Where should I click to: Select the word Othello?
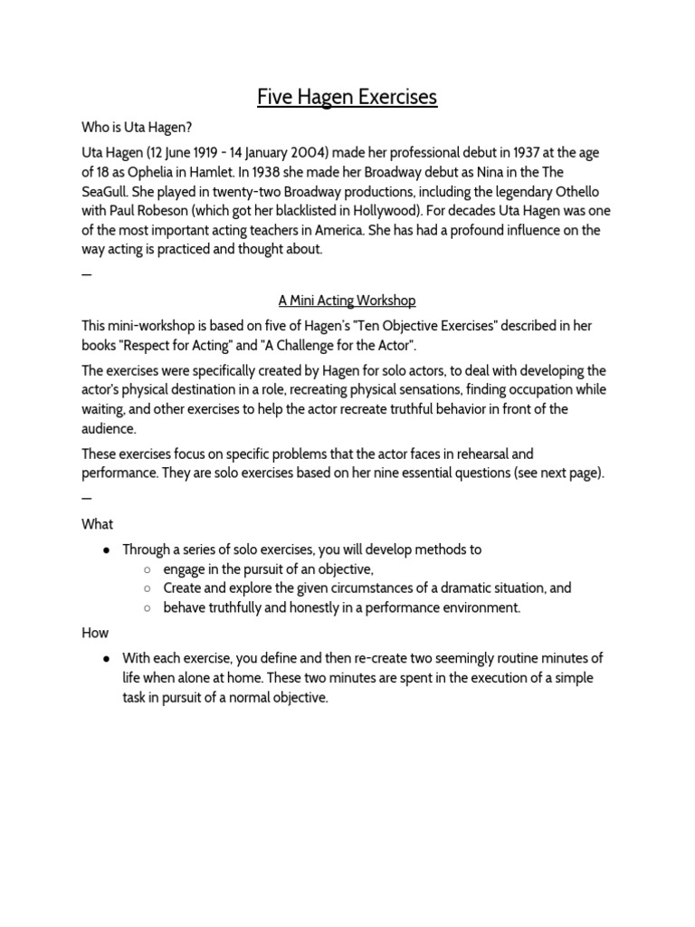(x=586, y=191)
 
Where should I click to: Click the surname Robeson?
(x=175, y=211)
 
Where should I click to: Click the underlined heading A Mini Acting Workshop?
(x=347, y=300)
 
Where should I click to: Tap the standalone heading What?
(x=98, y=524)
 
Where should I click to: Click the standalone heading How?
(x=95, y=633)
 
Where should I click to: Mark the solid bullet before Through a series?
(x=108, y=550)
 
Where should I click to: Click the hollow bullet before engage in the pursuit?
(x=148, y=569)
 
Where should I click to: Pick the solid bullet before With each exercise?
(x=108, y=659)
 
